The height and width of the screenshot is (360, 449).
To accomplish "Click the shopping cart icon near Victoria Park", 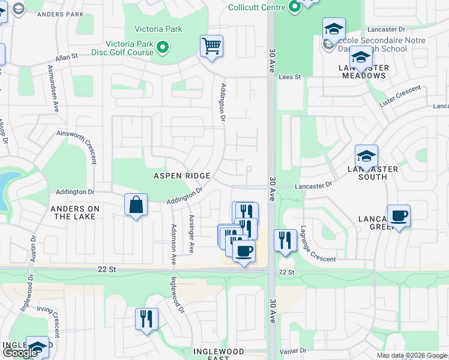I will click(x=211, y=46).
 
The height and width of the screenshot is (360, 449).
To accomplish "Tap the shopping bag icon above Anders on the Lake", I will click(x=136, y=205).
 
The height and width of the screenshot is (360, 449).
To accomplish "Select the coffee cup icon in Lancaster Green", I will click(x=399, y=216).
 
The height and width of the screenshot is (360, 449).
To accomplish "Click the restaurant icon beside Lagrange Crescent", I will click(x=285, y=241).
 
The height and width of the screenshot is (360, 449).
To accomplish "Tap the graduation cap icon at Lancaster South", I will click(x=366, y=156).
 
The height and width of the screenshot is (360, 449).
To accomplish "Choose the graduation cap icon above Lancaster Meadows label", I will click(x=361, y=58).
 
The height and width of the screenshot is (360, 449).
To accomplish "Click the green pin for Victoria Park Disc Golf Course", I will click(x=163, y=47).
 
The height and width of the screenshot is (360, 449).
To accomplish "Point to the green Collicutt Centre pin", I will click(x=294, y=7).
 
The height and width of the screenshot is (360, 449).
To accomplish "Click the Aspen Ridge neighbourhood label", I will click(x=182, y=176).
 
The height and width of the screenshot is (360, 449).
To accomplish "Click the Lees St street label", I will click(x=289, y=77).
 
